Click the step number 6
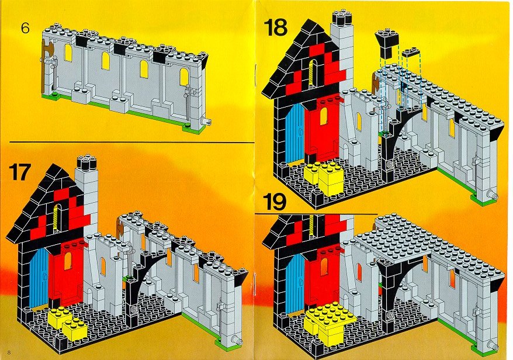tap(25, 28)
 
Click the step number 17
tap(20, 172)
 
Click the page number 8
tap(9, 352)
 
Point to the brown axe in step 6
tap(45, 62)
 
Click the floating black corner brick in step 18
tap(387, 42)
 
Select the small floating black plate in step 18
tap(411, 53)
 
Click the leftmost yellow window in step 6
tap(68, 53)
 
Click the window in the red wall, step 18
tap(324, 116)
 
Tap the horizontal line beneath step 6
tap(132, 143)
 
